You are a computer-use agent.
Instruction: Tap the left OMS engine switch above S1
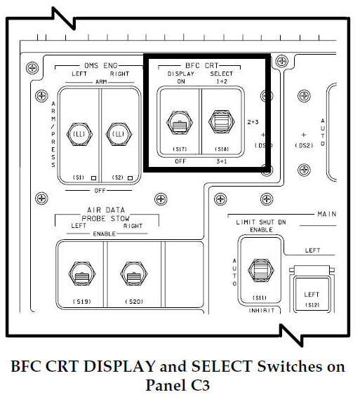coord(79,133)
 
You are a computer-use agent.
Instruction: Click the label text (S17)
coord(179,149)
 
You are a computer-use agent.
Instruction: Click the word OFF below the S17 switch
coord(179,161)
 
